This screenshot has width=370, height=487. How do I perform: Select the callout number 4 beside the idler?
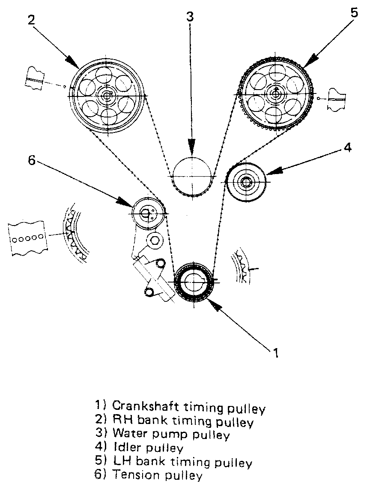click(347, 147)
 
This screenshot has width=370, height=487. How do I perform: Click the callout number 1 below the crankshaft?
click(276, 352)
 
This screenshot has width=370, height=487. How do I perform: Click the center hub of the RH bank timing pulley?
click(105, 96)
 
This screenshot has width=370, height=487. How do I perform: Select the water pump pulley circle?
click(192, 176)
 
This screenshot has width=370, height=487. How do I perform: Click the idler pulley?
click(246, 182)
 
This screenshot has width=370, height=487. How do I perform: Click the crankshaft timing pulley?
click(194, 281)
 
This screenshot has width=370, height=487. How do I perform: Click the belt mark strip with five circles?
click(27, 237)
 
